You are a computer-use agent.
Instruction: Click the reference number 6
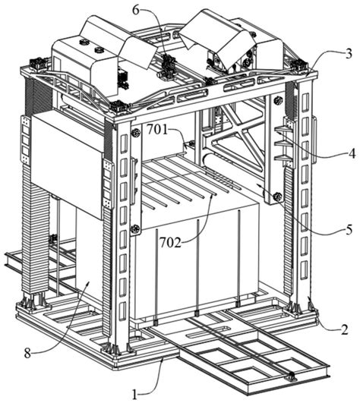pos(136,10)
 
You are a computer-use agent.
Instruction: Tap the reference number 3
pos(348,54)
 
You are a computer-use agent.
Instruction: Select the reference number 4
pos(352,153)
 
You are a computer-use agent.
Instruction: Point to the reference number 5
pos(349,230)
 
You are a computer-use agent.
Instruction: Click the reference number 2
pos(345,329)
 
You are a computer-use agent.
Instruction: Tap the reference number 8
pos(27,354)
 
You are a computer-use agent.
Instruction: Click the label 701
pos(157,130)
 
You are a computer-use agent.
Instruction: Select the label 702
pos(170,243)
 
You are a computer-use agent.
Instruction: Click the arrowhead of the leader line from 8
pos(89,282)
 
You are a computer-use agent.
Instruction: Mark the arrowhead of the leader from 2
pos(310,298)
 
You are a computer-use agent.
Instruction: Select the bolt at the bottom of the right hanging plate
pos(278,197)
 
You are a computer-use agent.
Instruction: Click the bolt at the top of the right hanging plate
pos(278,99)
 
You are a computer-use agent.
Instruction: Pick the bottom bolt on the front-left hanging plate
pos(135,228)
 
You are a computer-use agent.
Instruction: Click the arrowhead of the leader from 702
pos(212,197)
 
